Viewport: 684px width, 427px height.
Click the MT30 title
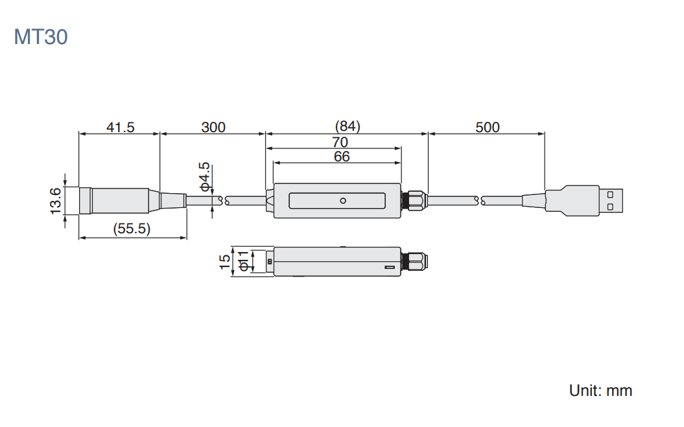coord(41,37)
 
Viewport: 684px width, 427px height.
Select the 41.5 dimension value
coord(121,128)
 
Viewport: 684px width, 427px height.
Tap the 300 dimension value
coord(213,128)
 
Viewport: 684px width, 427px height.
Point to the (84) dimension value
coord(348,126)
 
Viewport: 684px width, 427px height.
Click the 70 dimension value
coord(340,142)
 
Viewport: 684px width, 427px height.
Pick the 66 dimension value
coord(342,157)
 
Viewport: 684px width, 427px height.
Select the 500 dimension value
coord(488,128)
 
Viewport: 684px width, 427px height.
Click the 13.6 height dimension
coord(55,201)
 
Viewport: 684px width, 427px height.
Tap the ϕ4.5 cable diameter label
coord(205,177)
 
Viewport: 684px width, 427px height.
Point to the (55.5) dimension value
coord(132,229)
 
